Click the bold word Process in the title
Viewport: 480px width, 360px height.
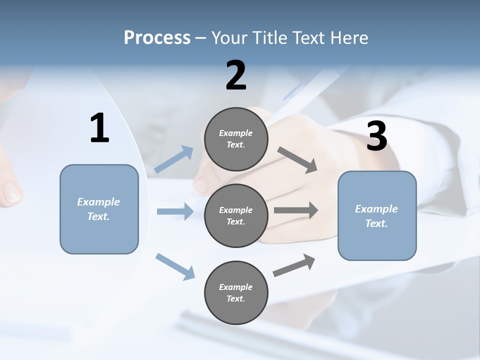click(x=157, y=38)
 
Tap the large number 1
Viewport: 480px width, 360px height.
click(x=99, y=128)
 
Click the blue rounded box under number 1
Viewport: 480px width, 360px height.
click(x=99, y=209)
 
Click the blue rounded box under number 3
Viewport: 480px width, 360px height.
click(x=377, y=216)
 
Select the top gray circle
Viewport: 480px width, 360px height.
click(x=236, y=139)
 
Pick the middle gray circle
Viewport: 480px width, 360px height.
click(x=236, y=216)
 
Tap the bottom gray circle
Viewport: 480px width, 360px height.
click(x=236, y=293)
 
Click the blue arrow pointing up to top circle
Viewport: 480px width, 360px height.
click(x=174, y=159)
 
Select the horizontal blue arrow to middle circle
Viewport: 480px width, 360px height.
click(x=175, y=211)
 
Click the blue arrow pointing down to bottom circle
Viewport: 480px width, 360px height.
click(x=175, y=266)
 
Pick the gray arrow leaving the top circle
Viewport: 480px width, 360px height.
click(x=297, y=159)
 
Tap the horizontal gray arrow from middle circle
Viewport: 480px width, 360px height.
click(x=296, y=210)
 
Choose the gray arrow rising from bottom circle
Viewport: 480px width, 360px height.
click(x=294, y=265)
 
